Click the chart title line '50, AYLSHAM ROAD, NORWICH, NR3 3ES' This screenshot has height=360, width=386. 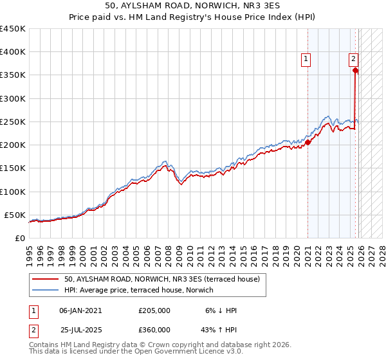coord(193,6)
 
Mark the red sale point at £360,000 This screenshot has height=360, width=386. coord(355,71)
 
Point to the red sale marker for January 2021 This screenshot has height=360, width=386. coord(308,143)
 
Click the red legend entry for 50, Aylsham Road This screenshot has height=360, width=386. coord(161,280)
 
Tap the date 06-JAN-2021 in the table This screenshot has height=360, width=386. coord(80,310)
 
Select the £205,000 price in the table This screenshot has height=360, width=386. coord(154,310)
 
